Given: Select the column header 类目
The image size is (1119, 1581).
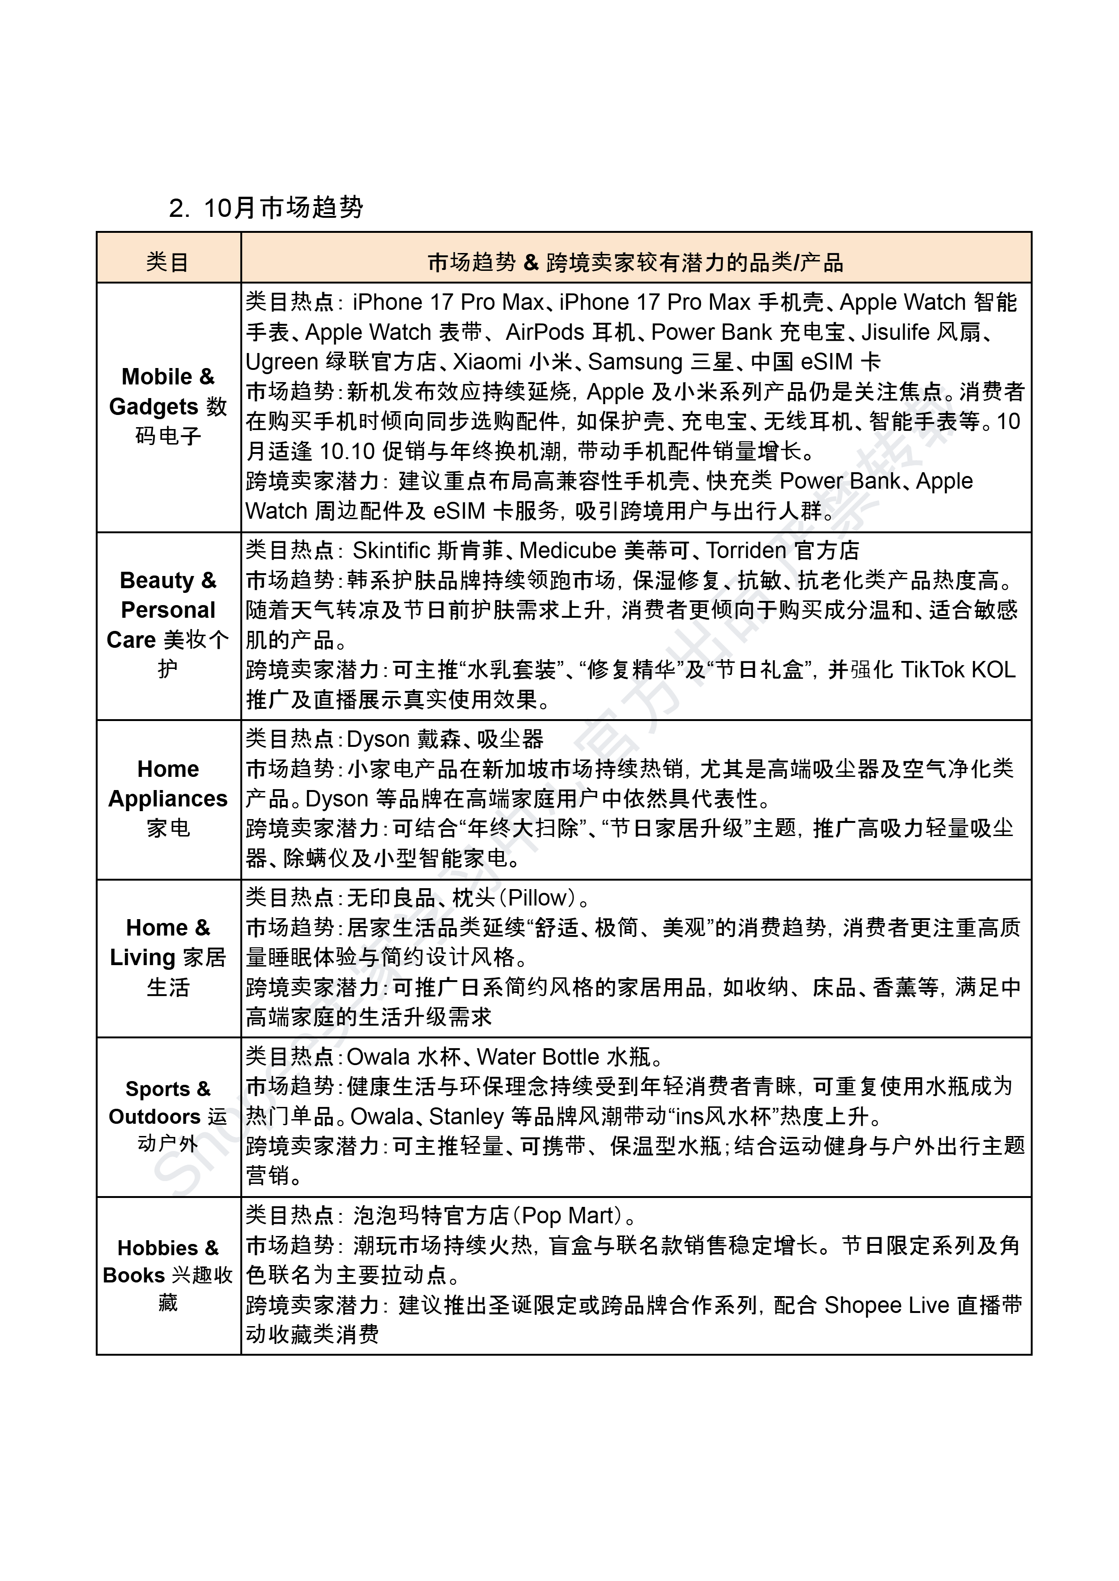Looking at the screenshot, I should point(168,262).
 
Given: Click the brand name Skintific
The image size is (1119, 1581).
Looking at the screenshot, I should point(391,551).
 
